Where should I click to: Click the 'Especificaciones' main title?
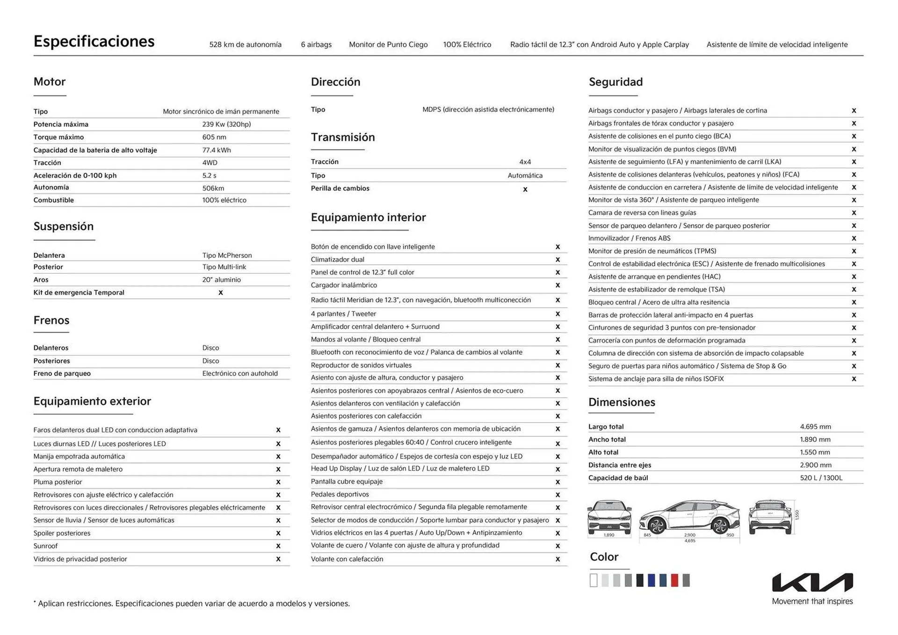(94, 42)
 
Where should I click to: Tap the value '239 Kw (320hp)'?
(226, 124)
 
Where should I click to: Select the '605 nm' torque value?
(214, 137)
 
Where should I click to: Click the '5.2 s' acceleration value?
(209, 175)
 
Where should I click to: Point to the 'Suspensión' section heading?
(64, 226)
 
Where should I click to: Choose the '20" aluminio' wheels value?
(221, 280)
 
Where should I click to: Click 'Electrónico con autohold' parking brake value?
(240, 373)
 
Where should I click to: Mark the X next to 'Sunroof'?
(278, 546)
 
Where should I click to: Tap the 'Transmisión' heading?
(343, 137)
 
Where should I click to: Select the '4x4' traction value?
(525, 162)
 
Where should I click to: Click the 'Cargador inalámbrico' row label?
(344, 285)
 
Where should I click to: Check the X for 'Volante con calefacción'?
(558, 559)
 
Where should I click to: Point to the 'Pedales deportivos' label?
(340, 494)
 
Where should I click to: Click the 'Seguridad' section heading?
(616, 82)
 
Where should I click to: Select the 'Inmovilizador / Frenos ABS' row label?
(629, 238)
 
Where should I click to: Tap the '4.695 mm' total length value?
(815, 426)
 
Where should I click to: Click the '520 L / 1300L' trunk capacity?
(821, 478)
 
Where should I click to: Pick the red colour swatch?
(674, 580)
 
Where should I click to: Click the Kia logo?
(812, 583)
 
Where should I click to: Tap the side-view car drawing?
(689, 518)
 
